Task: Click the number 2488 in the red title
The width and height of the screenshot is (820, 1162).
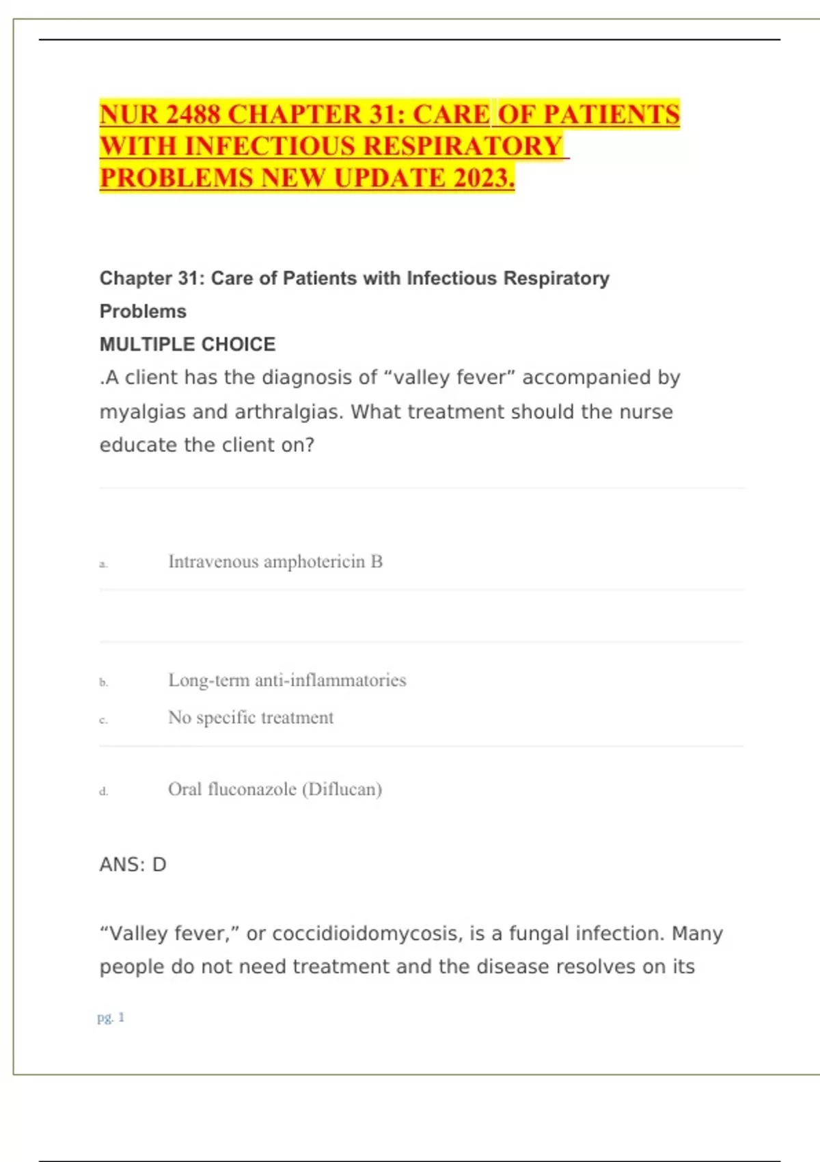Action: coord(193,114)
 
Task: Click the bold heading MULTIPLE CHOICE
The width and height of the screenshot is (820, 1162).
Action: coord(187,344)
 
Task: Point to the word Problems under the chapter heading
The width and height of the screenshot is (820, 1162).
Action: coord(143,311)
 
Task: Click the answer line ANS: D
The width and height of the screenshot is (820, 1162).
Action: coord(133,865)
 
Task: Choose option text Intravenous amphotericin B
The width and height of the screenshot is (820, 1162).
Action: coord(275,562)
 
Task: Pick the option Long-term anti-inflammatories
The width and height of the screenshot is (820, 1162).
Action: coord(287,680)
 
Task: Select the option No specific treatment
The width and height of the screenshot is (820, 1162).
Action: coord(251,718)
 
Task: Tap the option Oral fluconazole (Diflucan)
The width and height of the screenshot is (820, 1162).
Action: coord(275,789)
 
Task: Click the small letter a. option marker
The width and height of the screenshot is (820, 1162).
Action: coord(103,565)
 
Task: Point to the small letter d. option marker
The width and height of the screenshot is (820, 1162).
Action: coord(103,792)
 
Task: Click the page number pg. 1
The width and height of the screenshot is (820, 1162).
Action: coord(111,1018)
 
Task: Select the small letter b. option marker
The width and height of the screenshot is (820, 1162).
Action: coord(103,682)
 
